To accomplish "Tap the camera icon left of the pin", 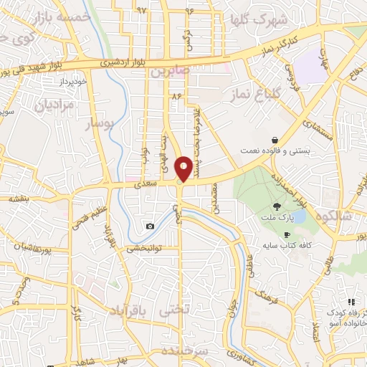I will (150, 227).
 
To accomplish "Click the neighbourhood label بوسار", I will (101, 124).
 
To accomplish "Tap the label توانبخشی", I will (146, 249).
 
